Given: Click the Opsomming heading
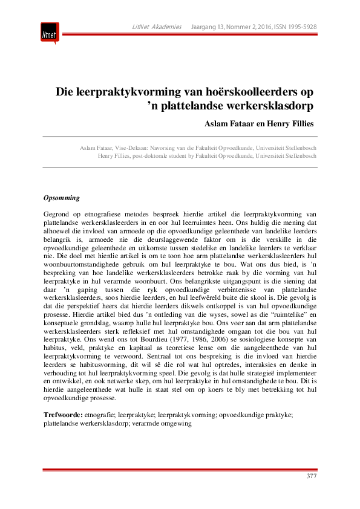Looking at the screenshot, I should point(62,198).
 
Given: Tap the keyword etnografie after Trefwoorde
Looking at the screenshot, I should point(101,415).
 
